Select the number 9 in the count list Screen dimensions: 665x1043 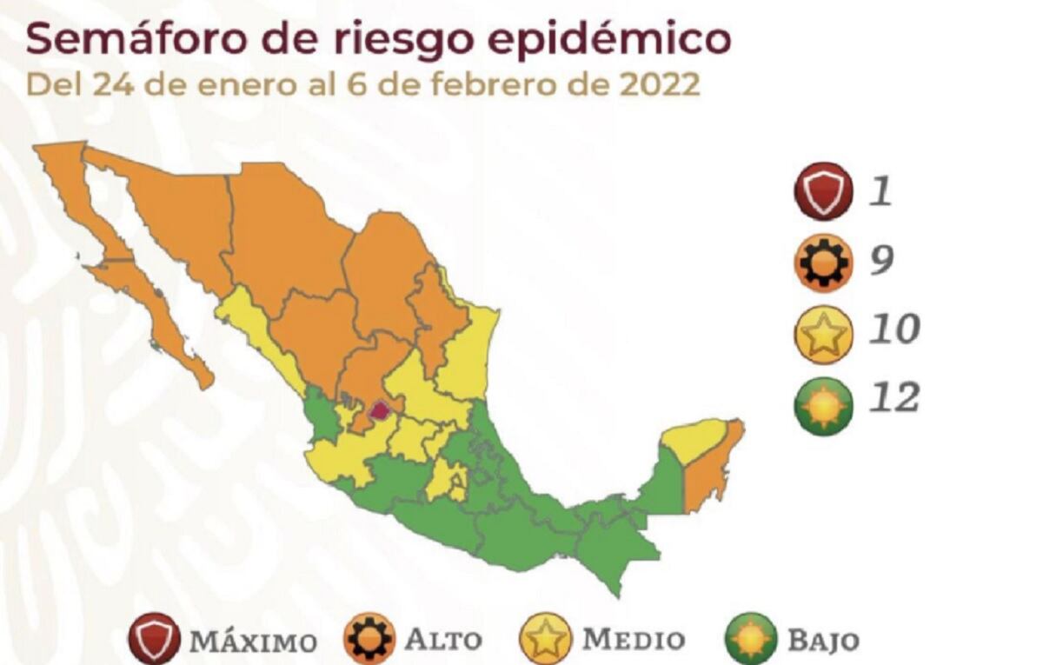click(881, 260)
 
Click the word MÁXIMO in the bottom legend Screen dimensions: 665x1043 click(253, 642)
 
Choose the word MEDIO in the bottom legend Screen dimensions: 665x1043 click(633, 640)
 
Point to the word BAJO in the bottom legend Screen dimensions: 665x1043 click(822, 642)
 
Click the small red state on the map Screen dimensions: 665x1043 click(380, 409)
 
